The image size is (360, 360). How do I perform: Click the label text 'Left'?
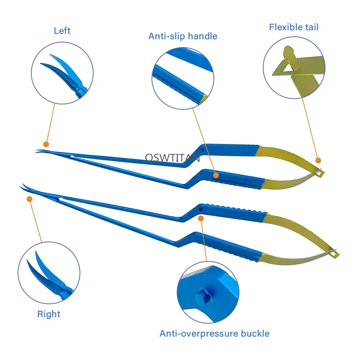[x=62, y=31]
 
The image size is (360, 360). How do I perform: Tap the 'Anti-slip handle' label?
[x=183, y=36]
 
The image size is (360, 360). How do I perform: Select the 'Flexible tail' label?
[x=294, y=27]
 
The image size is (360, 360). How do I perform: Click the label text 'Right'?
[x=49, y=314]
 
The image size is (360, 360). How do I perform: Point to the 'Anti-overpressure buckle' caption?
[x=215, y=333]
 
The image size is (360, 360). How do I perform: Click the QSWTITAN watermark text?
[x=172, y=157]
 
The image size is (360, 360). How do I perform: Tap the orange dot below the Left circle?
[x=46, y=143]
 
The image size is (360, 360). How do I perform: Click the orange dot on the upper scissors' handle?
[x=216, y=175]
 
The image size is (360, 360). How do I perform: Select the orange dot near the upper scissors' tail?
[x=318, y=160]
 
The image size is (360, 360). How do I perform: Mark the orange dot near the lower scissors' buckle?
[x=201, y=219]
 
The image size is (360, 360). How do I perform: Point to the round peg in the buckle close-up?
[x=200, y=298]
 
